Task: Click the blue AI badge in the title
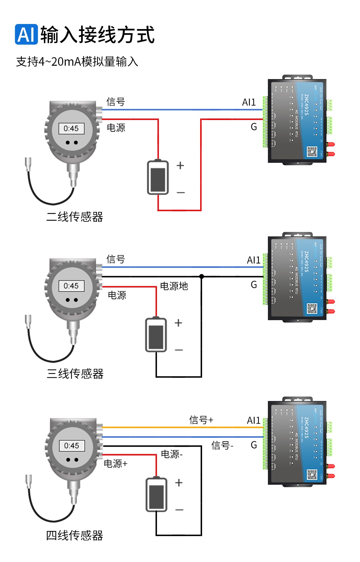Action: click(x=26, y=34)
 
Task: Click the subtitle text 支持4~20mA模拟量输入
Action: click(x=77, y=62)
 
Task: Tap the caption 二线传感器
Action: click(x=75, y=217)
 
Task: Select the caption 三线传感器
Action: click(x=75, y=374)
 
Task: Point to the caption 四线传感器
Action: click(x=75, y=535)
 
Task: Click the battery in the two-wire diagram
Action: click(x=158, y=178)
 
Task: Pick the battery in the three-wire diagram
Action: click(x=156, y=335)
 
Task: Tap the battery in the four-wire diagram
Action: click(x=156, y=495)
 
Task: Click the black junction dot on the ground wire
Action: click(x=201, y=276)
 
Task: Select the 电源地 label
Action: click(x=174, y=286)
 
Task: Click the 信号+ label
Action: click(x=201, y=420)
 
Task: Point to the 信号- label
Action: click(x=222, y=445)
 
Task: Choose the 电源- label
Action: click(x=171, y=454)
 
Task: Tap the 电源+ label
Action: click(x=116, y=464)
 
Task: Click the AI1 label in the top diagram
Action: click(x=249, y=102)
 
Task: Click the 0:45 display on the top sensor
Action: click(x=71, y=129)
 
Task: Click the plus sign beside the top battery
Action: click(x=180, y=166)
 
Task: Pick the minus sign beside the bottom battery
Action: click(x=179, y=510)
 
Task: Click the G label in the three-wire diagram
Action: click(x=254, y=285)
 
